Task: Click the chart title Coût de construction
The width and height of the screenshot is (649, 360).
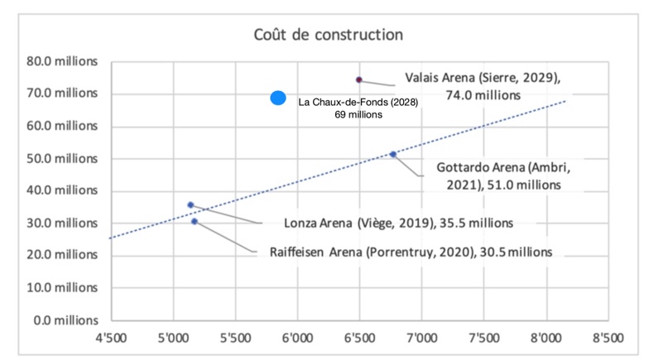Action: click(x=328, y=36)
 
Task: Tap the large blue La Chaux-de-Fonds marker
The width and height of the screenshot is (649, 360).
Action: click(x=278, y=98)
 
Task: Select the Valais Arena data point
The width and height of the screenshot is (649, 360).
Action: click(x=359, y=79)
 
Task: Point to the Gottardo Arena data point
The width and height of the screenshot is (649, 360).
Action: click(x=393, y=154)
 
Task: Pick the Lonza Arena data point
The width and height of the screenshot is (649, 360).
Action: click(x=190, y=204)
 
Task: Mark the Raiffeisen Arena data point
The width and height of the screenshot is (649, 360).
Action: click(x=195, y=221)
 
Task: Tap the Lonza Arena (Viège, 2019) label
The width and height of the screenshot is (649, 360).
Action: click(x=398, y=223)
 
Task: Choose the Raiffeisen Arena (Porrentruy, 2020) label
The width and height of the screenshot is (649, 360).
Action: click(x=411, y=252)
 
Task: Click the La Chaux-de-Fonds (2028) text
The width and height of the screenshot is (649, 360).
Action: click(x=358, y=108)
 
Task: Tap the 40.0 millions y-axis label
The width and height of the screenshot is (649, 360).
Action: click(x=63, y=190)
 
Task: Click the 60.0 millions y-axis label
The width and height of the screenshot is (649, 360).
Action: click(x=63, y=126)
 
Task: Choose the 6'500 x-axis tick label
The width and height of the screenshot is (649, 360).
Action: click(x=359, y=338)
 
